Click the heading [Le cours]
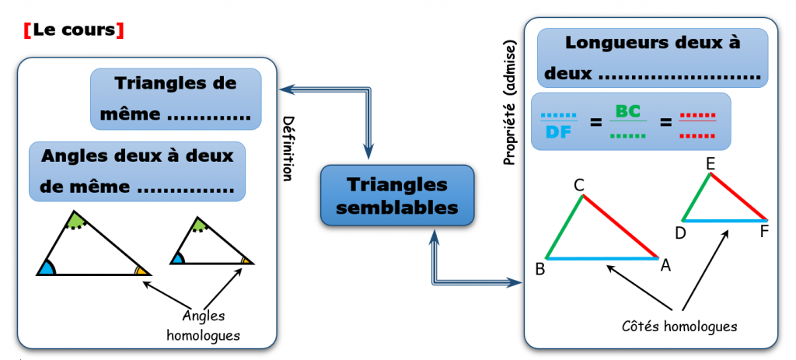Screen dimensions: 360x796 [x=75, y=31]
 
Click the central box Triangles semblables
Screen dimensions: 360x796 [x=397, y=196]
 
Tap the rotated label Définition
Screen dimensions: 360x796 [x=287, y=149]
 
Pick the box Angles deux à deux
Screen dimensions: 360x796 [x=137, y=171]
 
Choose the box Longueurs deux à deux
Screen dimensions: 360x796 [x=651, y=58]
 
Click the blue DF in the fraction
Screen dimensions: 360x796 [x=558, y=132]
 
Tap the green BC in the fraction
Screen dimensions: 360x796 [x=627, y=111]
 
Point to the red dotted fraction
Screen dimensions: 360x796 [x=697, y=123]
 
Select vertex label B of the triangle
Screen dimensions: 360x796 [x=539, y=270]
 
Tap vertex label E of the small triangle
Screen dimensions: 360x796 [x=710, y=163]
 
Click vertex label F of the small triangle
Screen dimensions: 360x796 [x=765, y=232]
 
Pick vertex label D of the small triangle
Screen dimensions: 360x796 [x=680, y=232]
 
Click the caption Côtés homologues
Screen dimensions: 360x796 [x=679, y=326]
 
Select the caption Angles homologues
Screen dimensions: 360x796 [x=204, y=325]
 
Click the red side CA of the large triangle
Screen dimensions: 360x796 [x=621, y=226]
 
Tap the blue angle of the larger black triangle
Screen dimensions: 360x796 [x=46, y=268]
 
